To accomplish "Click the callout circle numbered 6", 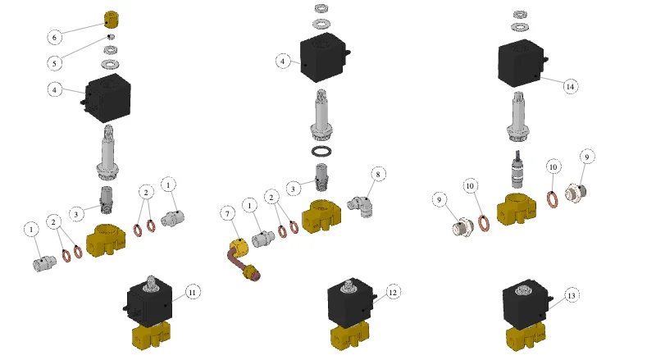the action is click(x=54, y=37).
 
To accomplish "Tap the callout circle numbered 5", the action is click(x=54, y=64).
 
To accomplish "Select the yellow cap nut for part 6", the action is click(x=112, y=20).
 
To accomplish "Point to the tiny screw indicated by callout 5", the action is click(x=111, y=37).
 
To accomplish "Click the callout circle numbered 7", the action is click(x=228, y=214).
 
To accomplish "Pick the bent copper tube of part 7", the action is click(x=235, y=259).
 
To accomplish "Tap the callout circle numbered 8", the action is click(x=378, y=174).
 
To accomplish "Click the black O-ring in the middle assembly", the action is click(x=321, y=151).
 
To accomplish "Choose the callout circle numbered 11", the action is click(x=193, y=292).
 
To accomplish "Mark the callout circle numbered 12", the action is click(x=393, y=292).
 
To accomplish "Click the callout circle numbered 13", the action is click(x=572, y=295).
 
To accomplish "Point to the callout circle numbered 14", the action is click(x=570, y=87).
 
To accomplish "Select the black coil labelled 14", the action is click(x=522, y=63).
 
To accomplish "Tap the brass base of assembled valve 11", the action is click(x=152, y=335).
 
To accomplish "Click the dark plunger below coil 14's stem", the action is click(x=518, y=170).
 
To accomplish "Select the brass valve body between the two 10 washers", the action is click(x=517, y=209).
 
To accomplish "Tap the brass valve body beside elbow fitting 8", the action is click(x=321, y=216).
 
